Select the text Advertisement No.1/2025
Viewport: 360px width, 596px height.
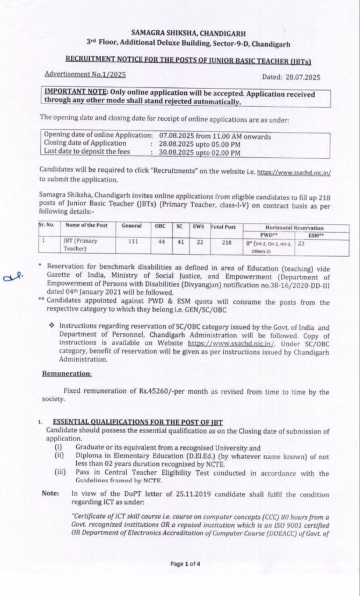coord(85,74)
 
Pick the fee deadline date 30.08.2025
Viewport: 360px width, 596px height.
coord(174,152)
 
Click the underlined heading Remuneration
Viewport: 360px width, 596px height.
coord(68,373)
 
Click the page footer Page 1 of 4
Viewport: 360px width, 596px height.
coord(184,563)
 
